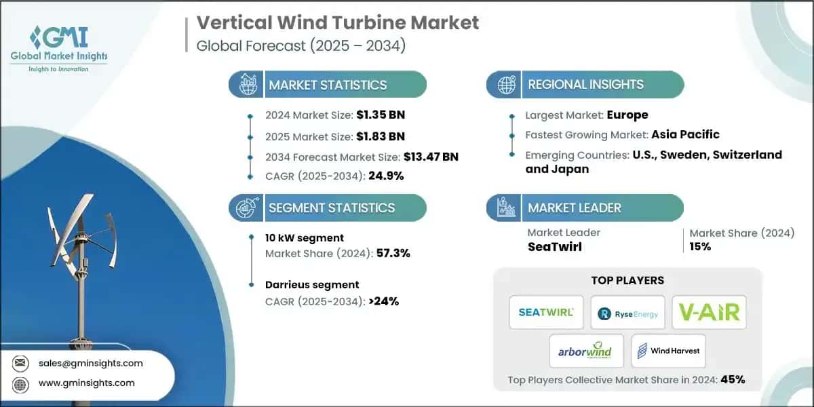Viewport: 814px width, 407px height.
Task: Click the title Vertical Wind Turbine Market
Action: tap(338, 22)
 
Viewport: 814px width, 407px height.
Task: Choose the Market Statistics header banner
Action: tap(327, 85)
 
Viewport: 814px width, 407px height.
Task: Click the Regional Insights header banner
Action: tap(585, 85)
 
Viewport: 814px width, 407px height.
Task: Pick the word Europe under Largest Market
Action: tap(627, 114)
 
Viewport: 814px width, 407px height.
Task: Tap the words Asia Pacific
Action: tap(684, 134)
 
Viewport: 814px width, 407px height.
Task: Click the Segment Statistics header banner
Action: tap(327, 208)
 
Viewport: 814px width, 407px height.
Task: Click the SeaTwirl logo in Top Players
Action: tap(546, 312)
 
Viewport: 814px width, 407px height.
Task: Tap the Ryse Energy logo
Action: tap(627, 312)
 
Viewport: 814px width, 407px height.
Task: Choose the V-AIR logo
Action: tap(709, 312)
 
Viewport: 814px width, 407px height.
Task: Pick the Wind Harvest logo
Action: tap(668, 351)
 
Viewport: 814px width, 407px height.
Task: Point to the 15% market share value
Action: tap(700, 246)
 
